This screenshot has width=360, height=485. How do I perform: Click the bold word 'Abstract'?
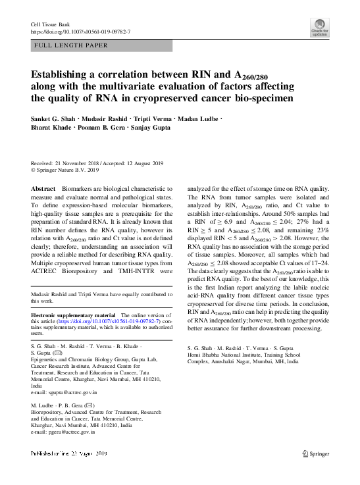pos(43,189)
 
